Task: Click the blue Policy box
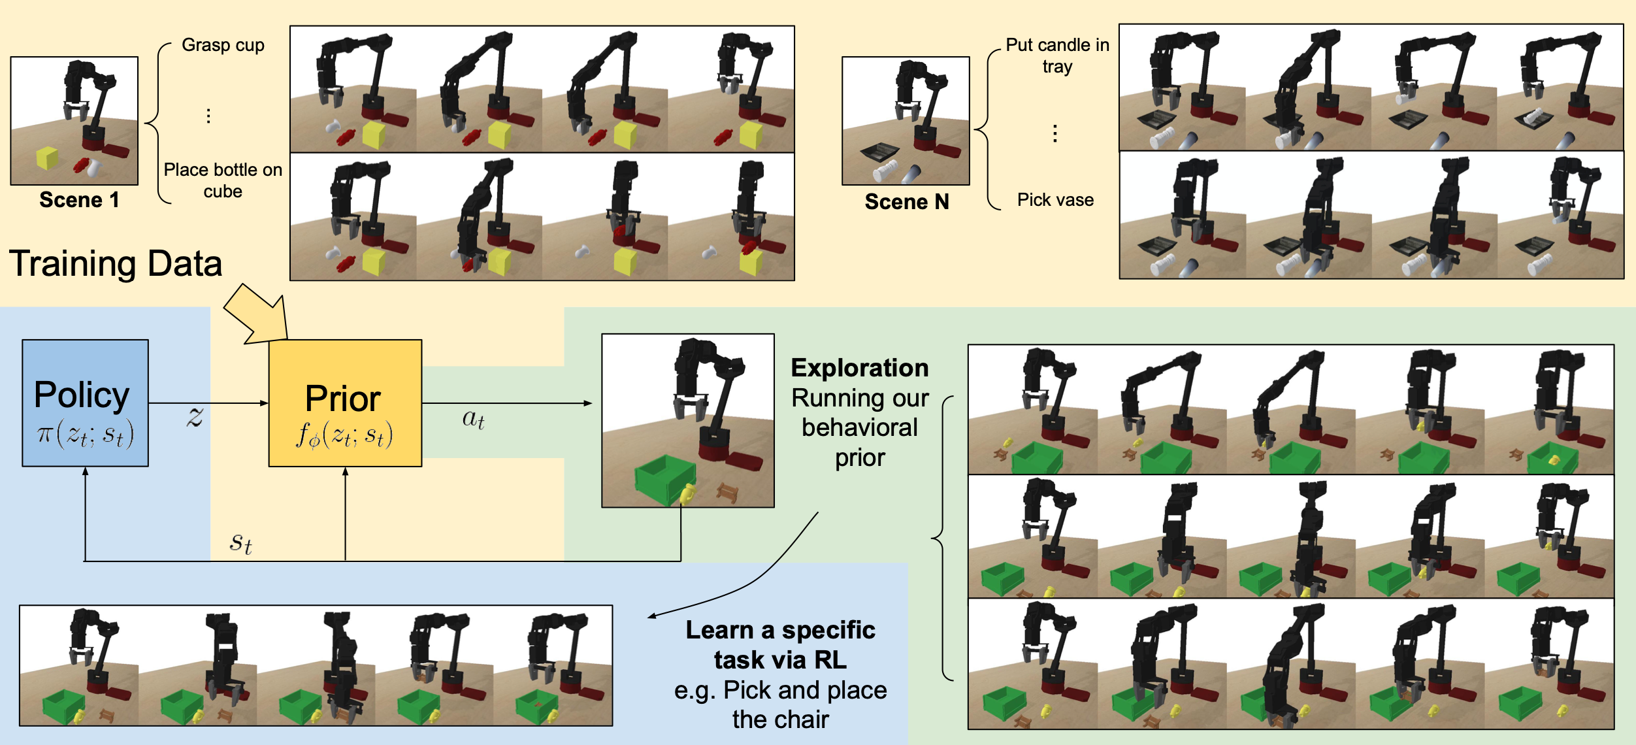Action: coord(85,403)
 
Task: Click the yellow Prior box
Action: coord(345,403)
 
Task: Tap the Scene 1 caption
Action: coord(79,199)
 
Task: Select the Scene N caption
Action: coord(907,201)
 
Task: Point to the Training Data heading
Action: coord(116,263)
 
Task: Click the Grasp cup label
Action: coord(223,45)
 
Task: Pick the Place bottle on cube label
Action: coord(223,180)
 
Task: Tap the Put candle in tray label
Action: coord(1057,56)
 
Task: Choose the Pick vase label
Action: coord(1055,199)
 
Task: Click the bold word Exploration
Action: coord(860,368)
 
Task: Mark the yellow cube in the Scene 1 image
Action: coord(47,158)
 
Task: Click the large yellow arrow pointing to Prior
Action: coord(258,315)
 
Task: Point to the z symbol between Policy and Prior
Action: coord(195,416)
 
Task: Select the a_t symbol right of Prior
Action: coord(473,419)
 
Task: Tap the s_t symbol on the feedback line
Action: coord(240,542)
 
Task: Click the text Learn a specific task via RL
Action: coord(781,645)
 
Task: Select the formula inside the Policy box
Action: coord(85,434)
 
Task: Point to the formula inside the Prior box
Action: coord(345,435)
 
